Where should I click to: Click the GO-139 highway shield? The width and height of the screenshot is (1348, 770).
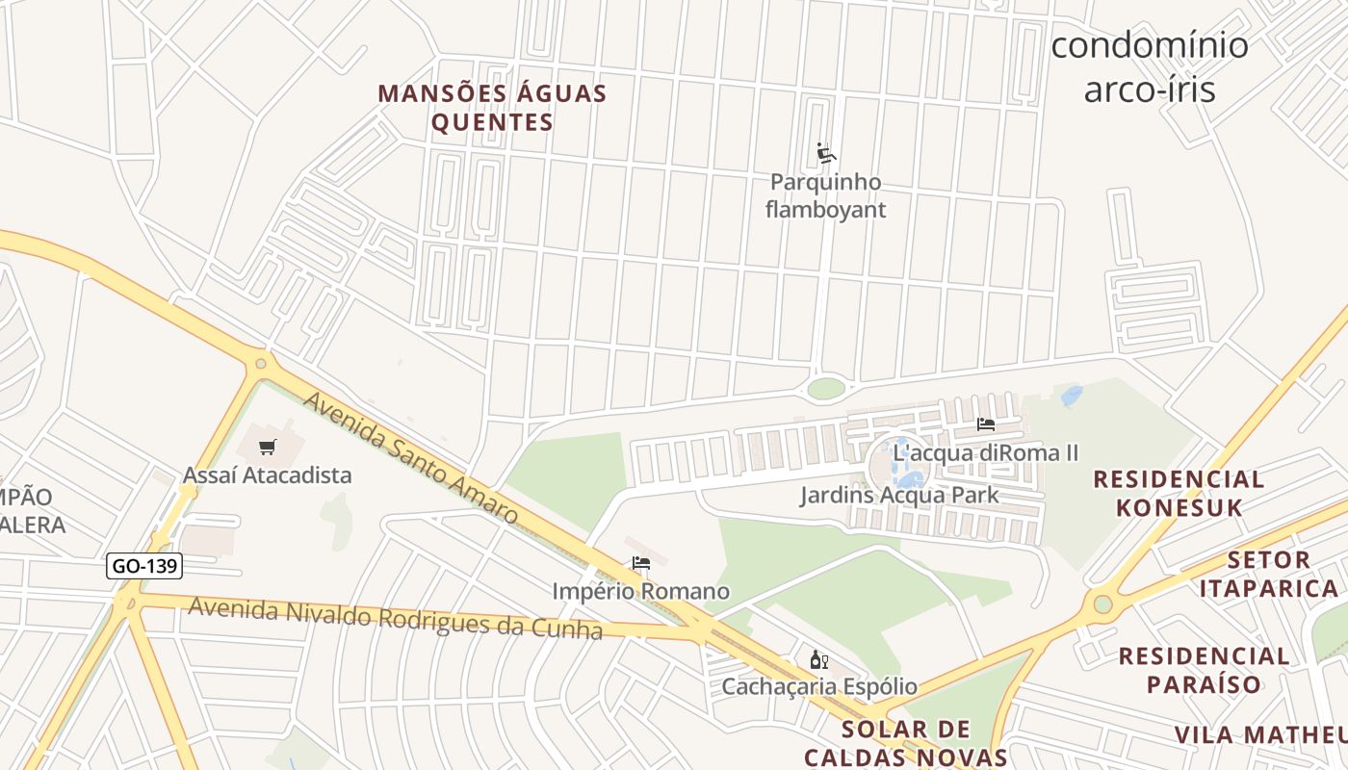coord(143,566)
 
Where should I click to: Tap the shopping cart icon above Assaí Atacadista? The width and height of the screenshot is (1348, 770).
coord(268,447)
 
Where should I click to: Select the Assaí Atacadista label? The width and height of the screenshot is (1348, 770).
coord(268,475)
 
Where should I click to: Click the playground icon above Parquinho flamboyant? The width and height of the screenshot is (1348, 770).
coord(825,153)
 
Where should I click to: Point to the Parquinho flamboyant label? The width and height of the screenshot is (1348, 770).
coord(825,195)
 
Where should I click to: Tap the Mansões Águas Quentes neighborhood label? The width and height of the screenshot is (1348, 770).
coord(492,108)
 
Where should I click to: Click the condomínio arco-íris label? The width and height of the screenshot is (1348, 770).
coord(1149,67)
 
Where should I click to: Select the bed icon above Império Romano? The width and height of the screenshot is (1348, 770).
coord(641,563)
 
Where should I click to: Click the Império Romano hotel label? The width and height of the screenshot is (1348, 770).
coord(641,591)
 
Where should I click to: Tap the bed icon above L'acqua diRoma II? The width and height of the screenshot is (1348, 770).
coord(985,423)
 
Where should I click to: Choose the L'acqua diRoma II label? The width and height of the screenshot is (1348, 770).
coord(985,452)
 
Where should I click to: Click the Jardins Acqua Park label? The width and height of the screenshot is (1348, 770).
coord(899,496)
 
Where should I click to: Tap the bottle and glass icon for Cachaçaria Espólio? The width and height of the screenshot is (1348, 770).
coord(819,660)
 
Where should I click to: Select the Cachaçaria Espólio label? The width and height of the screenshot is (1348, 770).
coord(819,687)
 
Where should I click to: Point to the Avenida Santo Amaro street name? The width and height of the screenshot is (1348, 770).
coord(412,458)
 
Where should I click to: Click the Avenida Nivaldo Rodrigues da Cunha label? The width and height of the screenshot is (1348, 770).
coord(395,618)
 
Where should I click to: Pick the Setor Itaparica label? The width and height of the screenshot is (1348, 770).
coord(1269,574)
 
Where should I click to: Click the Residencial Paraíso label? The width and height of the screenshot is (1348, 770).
coord(1204,670)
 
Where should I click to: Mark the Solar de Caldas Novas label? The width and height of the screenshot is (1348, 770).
coord(906,742)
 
